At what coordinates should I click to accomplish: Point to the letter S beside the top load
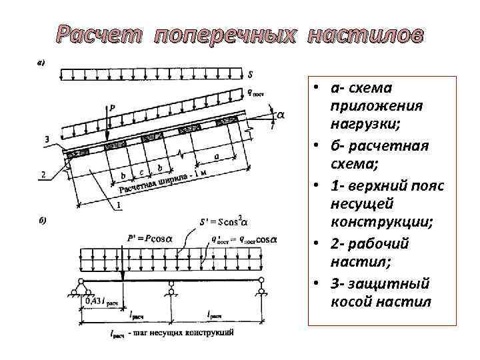(249, 74)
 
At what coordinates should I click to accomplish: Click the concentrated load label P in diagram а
(111, 107)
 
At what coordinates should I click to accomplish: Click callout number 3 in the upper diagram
(45, 139)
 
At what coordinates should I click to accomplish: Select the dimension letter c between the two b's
(141, 173)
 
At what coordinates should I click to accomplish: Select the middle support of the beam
(171, 289)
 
